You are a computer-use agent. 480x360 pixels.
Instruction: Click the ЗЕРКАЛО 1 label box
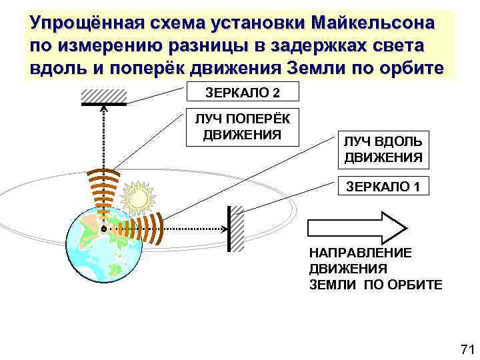tap(382, 187)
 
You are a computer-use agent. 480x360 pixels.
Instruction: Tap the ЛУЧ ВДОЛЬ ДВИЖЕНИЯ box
tap(383, 150)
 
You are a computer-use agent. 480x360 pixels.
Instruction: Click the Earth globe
tap(106, 243)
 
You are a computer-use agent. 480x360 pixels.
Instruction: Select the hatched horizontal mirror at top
tap(103, 97)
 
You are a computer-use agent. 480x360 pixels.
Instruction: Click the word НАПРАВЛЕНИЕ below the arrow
tap(360, 253)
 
